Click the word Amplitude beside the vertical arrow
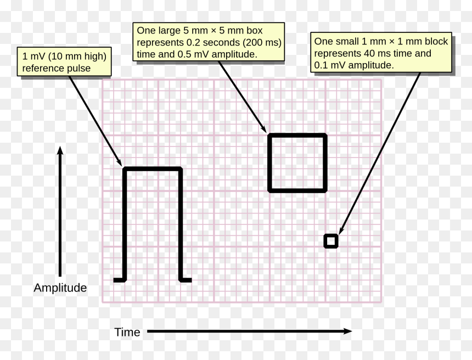pos(60,288)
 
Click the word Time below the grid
pos(127,332)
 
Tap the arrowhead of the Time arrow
pos(347,331)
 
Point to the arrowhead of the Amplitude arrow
pos(60,150)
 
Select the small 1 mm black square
pos(331,241)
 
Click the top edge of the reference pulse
pos(153,169)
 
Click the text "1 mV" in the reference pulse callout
pos(33,57)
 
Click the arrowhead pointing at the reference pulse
pos(119,162)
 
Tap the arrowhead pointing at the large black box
pos(263,128)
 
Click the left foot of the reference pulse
pos(119,280)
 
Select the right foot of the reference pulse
pos(186,280)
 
